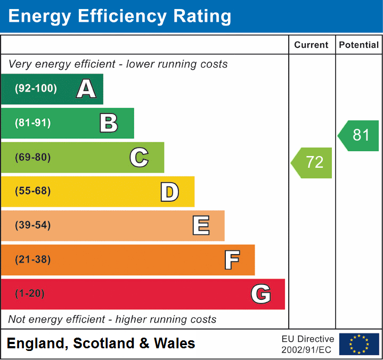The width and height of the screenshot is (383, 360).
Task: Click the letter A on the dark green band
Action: coord(86,89)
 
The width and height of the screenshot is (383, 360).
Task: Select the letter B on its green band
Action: coord(109,123)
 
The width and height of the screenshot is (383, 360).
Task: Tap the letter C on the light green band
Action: coord(139,157)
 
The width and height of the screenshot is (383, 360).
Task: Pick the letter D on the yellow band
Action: coord(169,191)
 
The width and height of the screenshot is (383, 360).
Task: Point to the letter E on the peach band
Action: coord(200,225)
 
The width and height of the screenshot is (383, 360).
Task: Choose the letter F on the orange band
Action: coord(231,260)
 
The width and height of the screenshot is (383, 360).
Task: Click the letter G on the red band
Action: coord(260,294)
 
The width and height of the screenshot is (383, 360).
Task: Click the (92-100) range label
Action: coord(36,89)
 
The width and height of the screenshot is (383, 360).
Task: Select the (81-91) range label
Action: coord(33,123)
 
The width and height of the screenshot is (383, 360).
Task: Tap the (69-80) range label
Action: coord(33,157)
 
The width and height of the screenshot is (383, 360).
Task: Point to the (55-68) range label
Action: coord(33,191)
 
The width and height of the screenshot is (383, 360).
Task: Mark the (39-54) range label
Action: coord(33,225)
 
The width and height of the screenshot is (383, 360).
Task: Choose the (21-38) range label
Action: coord(33,260)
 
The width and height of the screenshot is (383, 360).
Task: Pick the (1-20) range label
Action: coord(30,294)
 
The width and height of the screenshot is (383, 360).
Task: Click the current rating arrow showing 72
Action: coord(312,162)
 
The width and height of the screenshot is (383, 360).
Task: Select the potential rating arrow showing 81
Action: coord(359,135)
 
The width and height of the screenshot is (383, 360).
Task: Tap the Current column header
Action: coord(312,45)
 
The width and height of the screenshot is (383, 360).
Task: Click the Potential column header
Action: coord(359,45)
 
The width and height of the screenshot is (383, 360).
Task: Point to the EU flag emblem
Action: coord(359,344)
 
